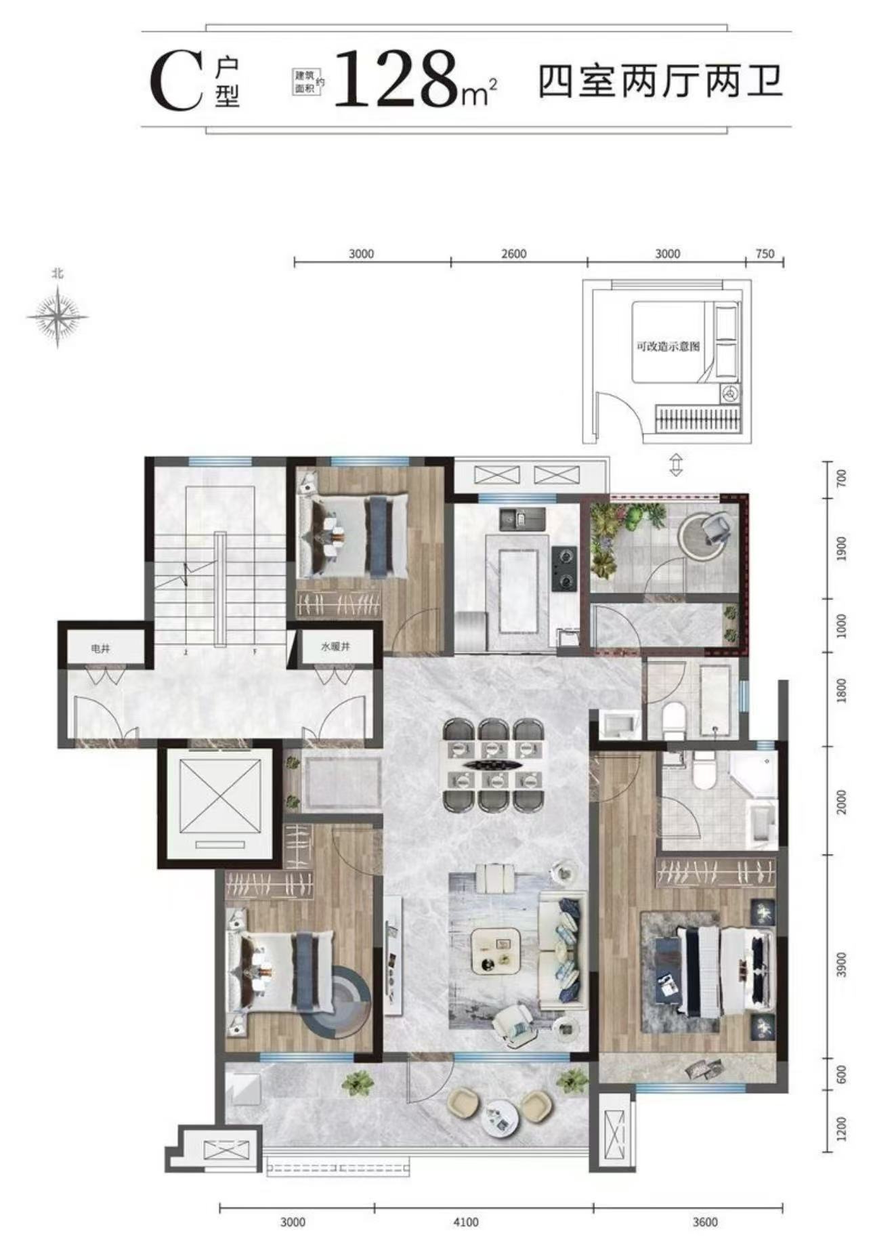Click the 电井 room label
coord(100,648)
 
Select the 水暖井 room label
coord(335,647)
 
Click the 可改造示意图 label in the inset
coord(667,346)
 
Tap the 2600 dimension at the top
coord(514,254)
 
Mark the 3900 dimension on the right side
coord(842,964)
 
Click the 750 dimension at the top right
coord(764,254)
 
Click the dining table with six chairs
coord(494,765)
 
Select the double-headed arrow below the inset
coord(675,465)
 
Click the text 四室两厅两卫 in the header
coord(660,82)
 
